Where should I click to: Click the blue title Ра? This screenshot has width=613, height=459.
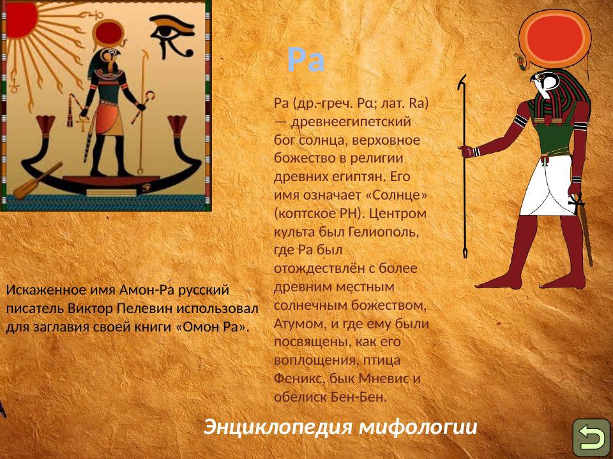pyautogui.click(x=306, y=61)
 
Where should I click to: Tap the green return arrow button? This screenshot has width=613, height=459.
pyautogui.click(x=591, y=437)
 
